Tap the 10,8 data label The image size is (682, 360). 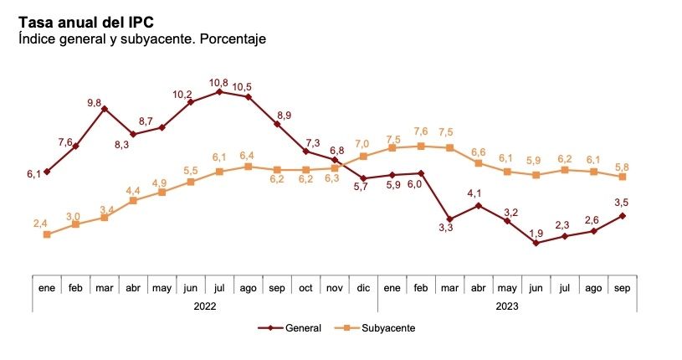218,82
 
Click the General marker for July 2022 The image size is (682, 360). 219,92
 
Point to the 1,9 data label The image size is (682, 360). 536,232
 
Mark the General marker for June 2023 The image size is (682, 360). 536,244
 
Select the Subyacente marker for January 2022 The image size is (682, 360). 47,234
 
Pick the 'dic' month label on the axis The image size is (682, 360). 363,287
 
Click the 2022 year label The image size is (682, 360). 205,306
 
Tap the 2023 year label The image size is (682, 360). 507,306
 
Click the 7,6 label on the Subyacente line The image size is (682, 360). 421,131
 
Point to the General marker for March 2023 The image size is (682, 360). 449,219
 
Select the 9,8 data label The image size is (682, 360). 94,103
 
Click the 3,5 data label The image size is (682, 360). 623,202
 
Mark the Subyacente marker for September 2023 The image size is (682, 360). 623,177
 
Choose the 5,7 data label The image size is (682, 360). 361,188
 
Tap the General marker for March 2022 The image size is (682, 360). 105,110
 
